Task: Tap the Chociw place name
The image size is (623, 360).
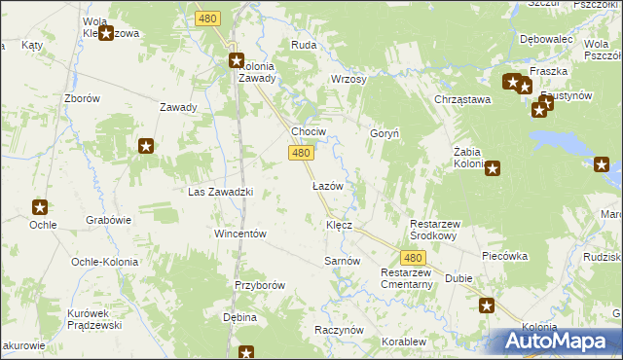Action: (x=309, y=131)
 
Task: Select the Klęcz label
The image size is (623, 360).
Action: (x=339, y=225)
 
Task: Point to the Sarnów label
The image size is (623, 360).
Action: (x=342, y=262)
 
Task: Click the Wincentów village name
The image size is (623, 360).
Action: (x=240, y=234)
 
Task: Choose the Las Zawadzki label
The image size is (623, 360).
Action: (x=220, y=192)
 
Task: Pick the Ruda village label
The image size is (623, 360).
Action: (x=304, y=45)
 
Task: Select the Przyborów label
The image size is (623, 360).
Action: (x=259, y=285)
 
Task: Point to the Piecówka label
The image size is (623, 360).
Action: (x=504, y=256)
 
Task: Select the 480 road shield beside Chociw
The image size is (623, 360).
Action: (x=301, y=153)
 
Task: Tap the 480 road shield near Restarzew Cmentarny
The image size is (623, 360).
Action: (x=414, y=258)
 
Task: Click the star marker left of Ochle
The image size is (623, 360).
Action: (x=40, y=207)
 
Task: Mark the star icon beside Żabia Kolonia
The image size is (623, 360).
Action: (x=493, y=168)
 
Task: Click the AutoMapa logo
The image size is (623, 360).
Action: (x=558, y=341)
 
